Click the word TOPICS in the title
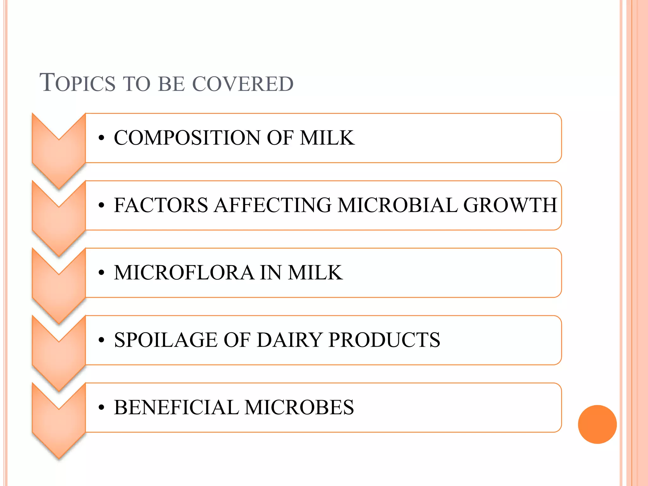tap(78, 83)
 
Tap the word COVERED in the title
tap(243, 84)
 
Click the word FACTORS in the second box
tap(161, 205)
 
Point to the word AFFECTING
tap(273, 205)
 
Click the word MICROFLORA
tap(184, 273)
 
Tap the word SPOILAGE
tap(166, 340)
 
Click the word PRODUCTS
tap(384, 340)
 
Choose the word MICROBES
tap(299, 408)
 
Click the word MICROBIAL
tap(397, 205)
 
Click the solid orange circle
tap(597, 424)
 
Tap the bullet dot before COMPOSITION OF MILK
tap(101, 138)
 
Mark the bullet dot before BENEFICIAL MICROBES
tap(101, 408)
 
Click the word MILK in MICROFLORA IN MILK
tap(315, 273)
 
